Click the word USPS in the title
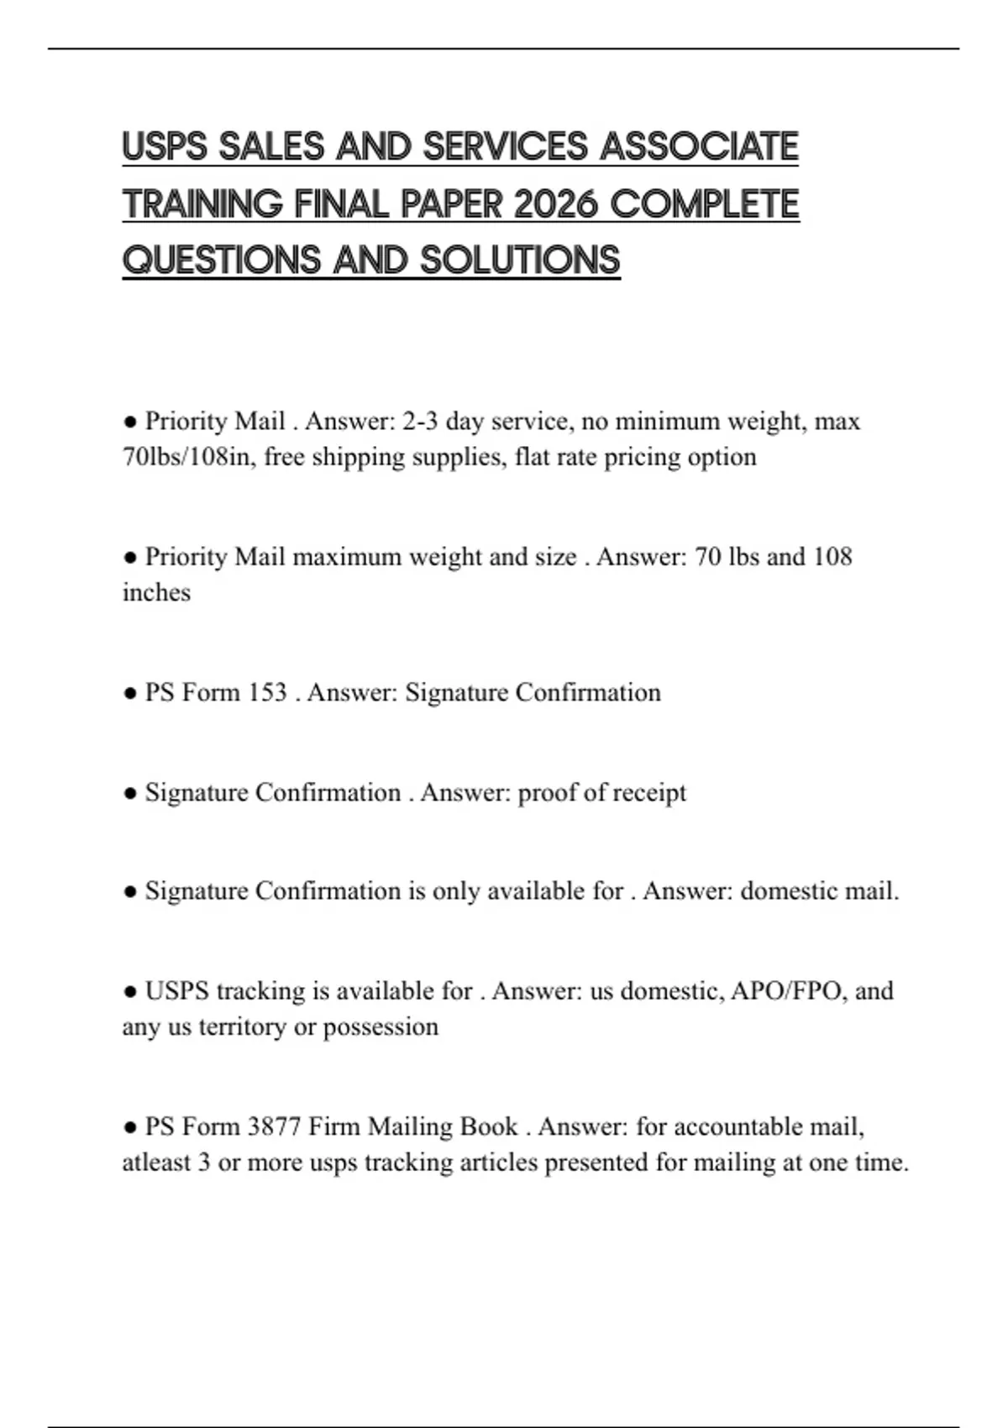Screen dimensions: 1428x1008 (x=165, y=147)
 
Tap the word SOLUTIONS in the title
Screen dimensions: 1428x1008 (x=520, y=260)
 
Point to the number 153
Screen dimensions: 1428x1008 (x=267, y=692)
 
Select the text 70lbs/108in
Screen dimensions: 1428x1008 (x=188, y=457)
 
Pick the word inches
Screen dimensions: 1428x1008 (x=156, y=592)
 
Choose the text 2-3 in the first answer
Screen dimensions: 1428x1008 (x=420, y=421)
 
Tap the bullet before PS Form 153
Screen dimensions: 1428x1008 (x=130, y=693)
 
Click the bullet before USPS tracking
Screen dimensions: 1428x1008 (x=130, y=991)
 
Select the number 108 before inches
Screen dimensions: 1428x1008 (x=832, y=556)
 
